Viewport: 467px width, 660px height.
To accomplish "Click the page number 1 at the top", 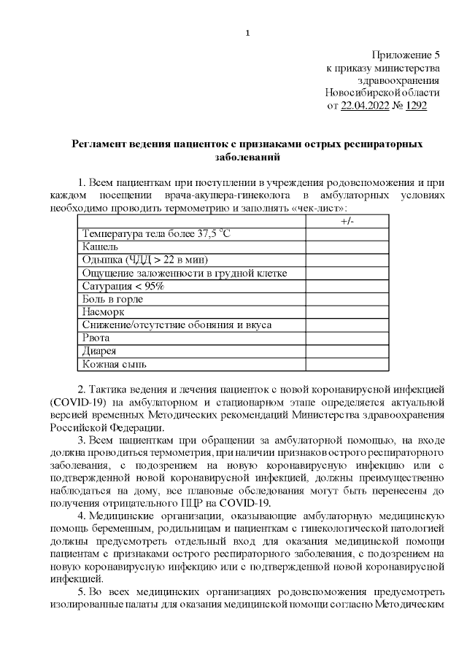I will click(248, 32).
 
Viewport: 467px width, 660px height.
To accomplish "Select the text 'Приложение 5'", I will click(406, 55).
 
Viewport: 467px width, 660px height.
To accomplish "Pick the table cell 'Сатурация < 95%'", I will click(123, 286).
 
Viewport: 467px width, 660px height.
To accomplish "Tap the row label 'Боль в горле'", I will click(112, 299).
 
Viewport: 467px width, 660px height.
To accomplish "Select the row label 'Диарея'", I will click(100, 351).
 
